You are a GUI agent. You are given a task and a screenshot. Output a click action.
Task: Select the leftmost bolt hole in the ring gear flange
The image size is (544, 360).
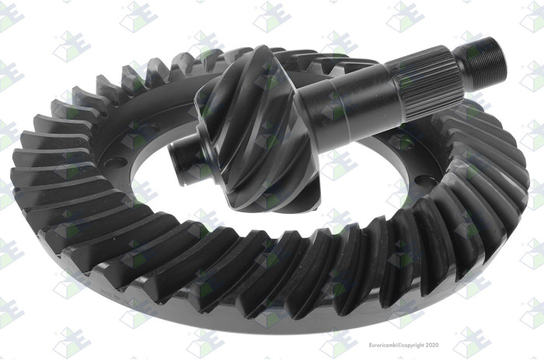click(x=116, y=163)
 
